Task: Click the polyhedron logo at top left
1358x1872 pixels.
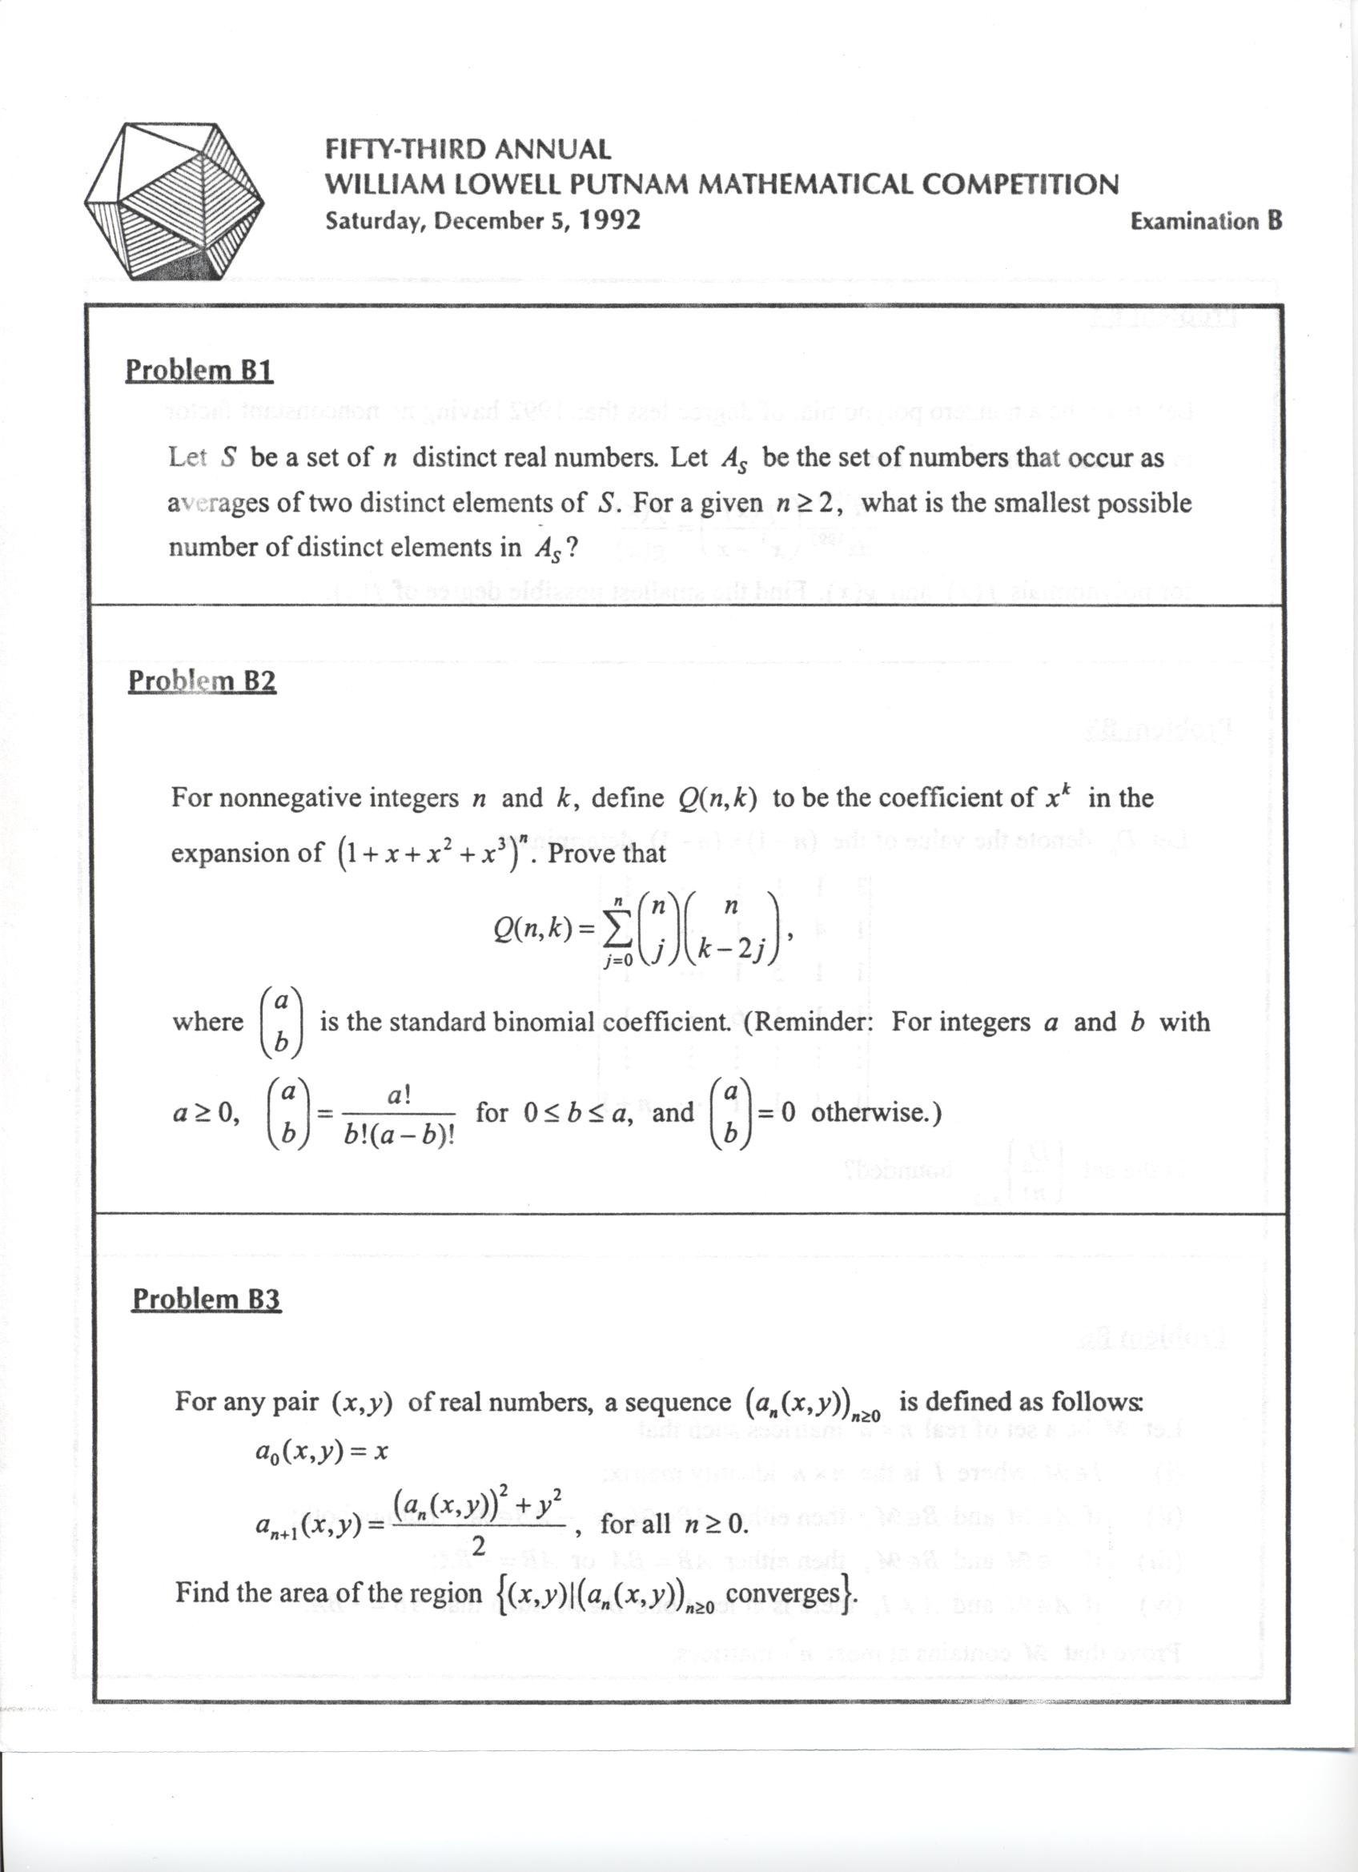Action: [175, 203]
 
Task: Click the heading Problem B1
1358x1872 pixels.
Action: [199, 371]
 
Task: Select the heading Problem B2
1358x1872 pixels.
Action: [203, 681]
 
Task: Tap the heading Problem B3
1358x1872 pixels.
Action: [207, 1300]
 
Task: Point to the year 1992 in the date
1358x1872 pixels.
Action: [609, 220]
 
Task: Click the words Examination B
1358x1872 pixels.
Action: [1205, 221]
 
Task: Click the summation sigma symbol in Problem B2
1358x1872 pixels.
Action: [615, 929]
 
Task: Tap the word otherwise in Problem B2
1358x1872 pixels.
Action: [870, 1113]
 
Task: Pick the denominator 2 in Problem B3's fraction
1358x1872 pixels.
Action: [478, 1546]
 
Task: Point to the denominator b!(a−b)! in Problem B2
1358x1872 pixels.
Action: [400, 1137]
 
